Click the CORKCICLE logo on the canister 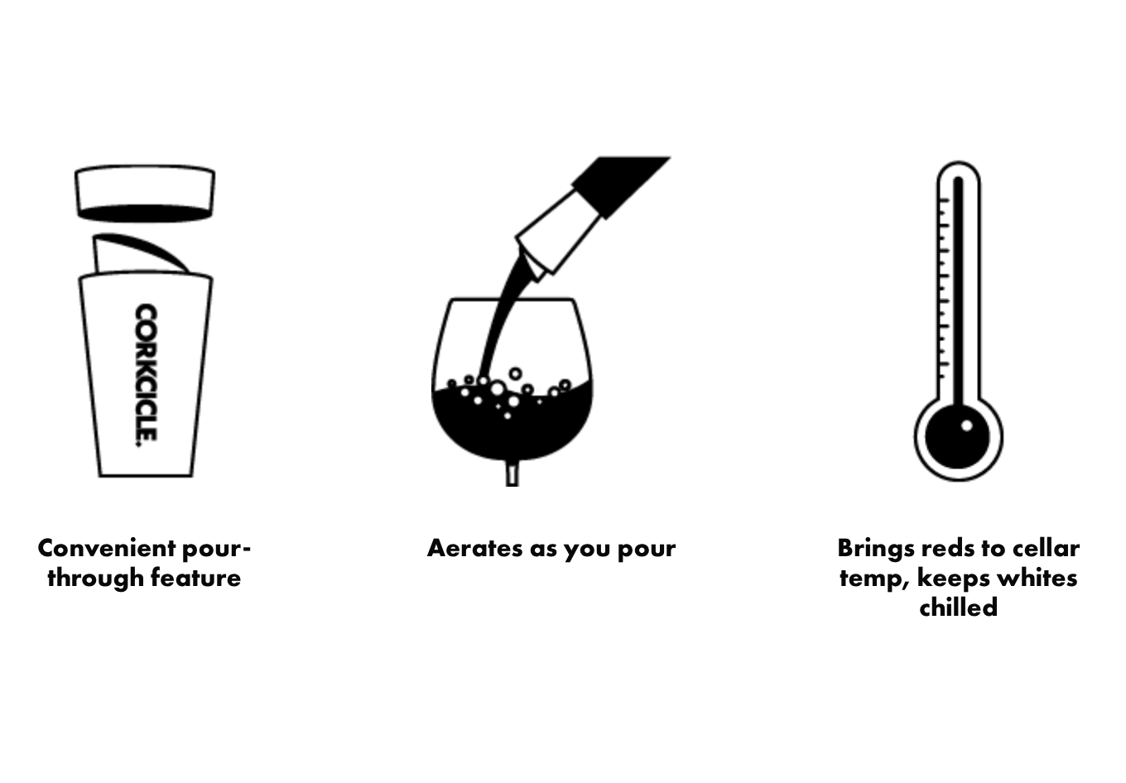(x=146, y=375)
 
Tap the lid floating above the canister (x=145, y=195)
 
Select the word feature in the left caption (x=195, y=578)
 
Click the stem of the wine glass (x=512, y=473)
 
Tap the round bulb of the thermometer (x=957, y=437)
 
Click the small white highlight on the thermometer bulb (x=966, y=426)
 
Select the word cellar (x=1044, y=548)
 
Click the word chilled (x=958, y=608)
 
